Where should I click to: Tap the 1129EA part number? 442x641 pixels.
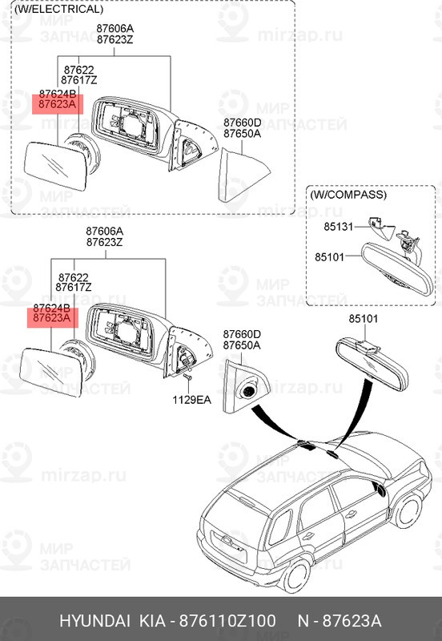(191, 398)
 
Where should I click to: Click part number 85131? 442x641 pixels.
(338, 227)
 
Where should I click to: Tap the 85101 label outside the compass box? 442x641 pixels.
(363, 320)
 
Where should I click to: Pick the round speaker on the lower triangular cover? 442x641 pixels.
(248, 392)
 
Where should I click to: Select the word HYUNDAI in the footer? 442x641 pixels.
(92, 622)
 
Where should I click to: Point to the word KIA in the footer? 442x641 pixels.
(149, 622)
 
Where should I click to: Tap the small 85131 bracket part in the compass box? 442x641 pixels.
(374, 225)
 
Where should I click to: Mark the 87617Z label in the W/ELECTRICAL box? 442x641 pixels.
(77, 81)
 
